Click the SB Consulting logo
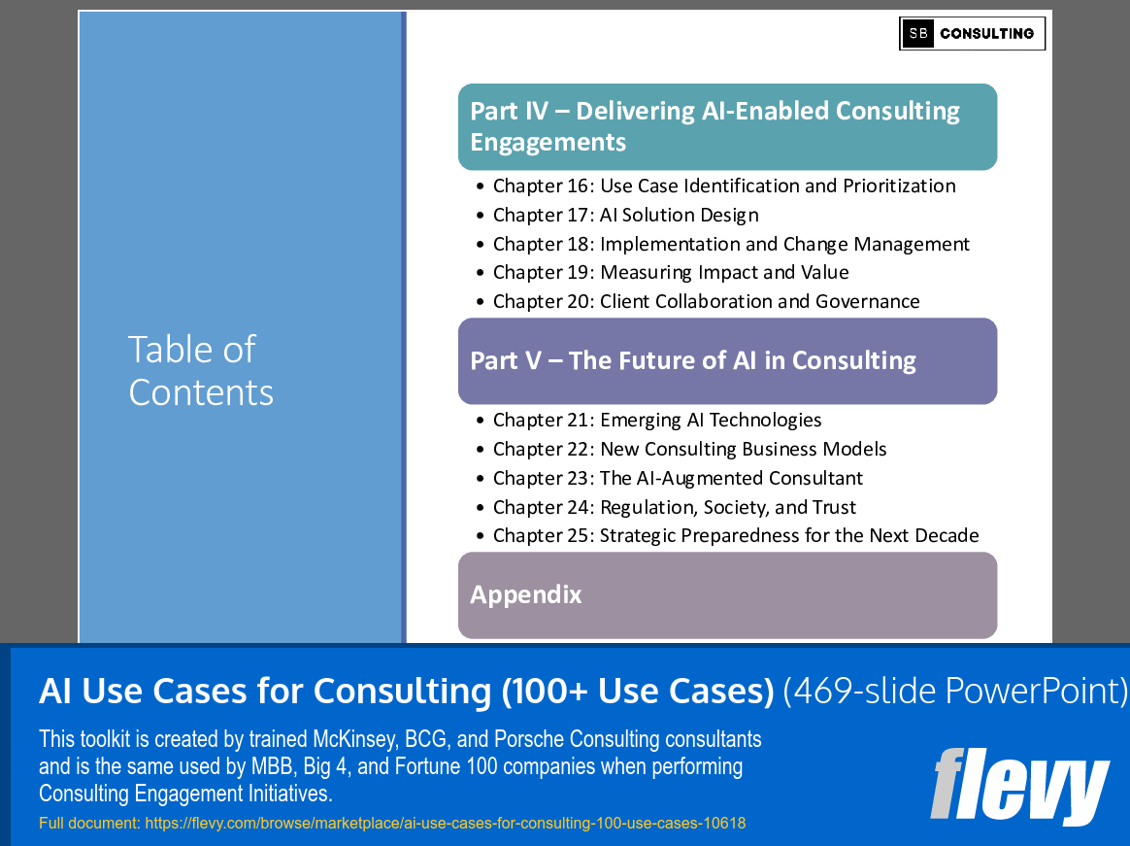pos(972,33)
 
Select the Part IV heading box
pos(727,126)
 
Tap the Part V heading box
pos(727,360)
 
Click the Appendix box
pos(727,594)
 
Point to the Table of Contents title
pos(201,370)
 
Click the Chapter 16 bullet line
pos(723,186)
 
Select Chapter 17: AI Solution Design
pos(625,215)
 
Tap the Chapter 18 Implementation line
pos(730,244)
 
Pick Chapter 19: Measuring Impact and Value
pos(670,272)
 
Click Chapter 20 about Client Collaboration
pos(706,301)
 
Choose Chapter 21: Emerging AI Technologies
pos(656,420)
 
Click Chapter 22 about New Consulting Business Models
pos(689,449)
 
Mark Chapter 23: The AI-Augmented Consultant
pos(678,478)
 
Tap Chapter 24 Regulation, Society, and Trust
pos(674,507)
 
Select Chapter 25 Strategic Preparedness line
pos(735,535)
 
